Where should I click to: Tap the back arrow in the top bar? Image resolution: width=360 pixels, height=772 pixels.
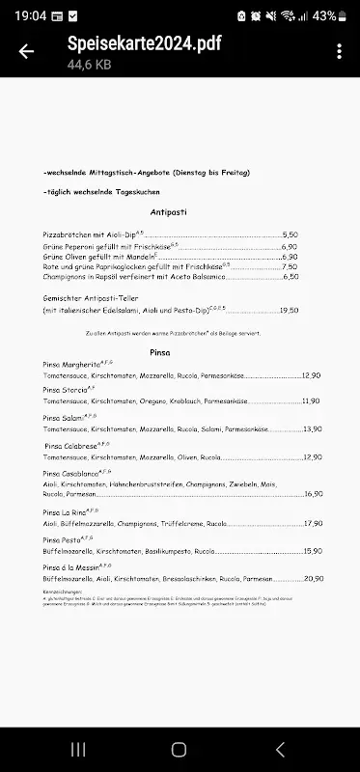coord(26,52)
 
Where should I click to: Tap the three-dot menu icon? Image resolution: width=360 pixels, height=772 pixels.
coord(339,52)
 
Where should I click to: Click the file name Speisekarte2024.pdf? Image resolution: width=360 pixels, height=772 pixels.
coord(136,44)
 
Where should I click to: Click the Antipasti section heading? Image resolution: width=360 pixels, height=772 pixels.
coord(174,210)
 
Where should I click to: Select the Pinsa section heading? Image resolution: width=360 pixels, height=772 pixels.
coord(160,352)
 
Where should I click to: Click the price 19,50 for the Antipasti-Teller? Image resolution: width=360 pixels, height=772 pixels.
coord(289,311)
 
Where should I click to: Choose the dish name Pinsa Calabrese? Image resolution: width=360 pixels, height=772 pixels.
coord(73,446)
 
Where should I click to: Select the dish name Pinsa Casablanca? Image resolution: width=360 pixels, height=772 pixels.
coord(71,474)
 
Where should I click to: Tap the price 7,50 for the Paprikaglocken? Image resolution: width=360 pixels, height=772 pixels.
coord(290,266)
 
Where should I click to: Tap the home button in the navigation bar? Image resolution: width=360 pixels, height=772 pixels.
coord(180,749)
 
